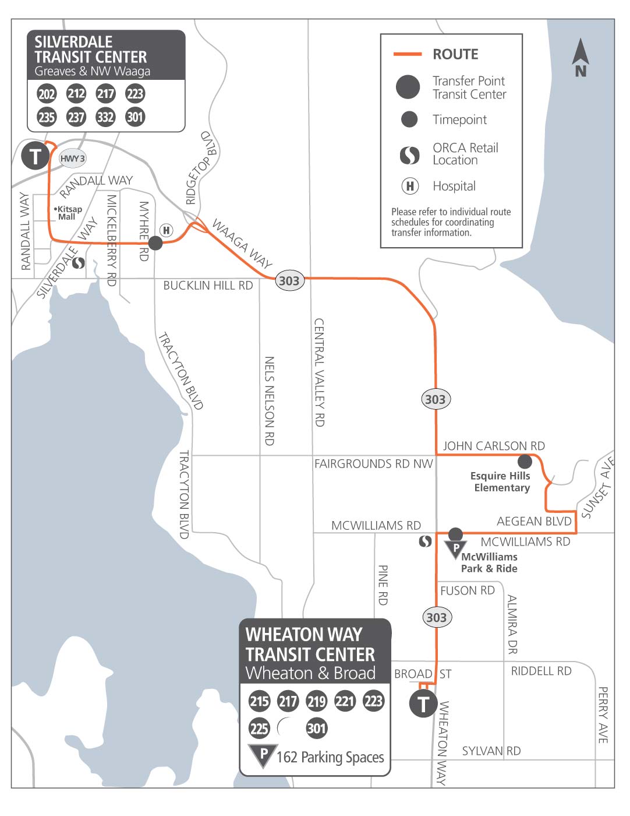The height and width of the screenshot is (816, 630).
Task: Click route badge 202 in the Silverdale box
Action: [47, 94]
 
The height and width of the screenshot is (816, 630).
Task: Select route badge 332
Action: [105, 117]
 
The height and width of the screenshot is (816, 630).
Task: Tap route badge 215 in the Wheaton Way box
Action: [259, 701]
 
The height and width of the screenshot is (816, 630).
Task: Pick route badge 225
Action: [259, 728]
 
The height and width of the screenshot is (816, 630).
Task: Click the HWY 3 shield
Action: [73, 159]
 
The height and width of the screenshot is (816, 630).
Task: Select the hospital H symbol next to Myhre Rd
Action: [167, 230]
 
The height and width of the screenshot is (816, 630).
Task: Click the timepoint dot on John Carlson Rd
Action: [525, 462]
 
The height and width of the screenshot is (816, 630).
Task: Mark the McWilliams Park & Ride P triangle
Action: [455, 548]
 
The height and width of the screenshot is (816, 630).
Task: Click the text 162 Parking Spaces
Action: [330, 757]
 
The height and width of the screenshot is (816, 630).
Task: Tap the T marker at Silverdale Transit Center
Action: [35, 156]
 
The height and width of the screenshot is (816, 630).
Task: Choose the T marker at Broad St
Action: [423, 704]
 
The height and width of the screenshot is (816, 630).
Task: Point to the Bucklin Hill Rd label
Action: [208, 286]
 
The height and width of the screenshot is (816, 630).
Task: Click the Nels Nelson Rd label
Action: [269, 401]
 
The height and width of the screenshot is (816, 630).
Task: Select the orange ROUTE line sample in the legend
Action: [407, 54]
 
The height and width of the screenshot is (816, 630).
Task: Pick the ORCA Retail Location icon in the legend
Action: [409, 154]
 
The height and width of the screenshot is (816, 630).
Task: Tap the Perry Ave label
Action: [603, 715]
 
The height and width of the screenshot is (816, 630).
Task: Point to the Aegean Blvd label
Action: [534, 521]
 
